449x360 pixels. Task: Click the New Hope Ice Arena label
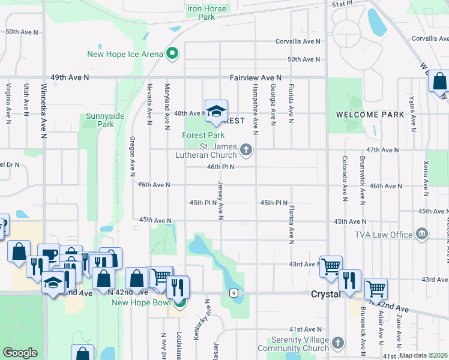pyautogui.click(x=125, y=54)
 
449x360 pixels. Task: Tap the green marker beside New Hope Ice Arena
pyautogui.click(x=172, y=54)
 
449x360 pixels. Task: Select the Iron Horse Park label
pyautogui.click(x=206, y=13)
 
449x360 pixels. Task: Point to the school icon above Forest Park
pyautogui.click(x=216, y=111)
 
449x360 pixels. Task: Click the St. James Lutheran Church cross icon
pyautogui.click(x=246, y=149)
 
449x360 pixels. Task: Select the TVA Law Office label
pyautogui.click(x=382, y=234)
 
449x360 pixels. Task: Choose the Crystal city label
pyautogui.click(x=326, y=294)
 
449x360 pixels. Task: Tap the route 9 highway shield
pyautogui.click(x=232, y=293)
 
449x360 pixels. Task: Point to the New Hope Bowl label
pyautogui.click(x=141, y=301)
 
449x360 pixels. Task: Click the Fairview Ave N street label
pyautogui.click(x=255, y=78)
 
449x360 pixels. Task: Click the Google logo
pyautogui.click(x=20, y=353)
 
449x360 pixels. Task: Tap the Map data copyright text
pyautogui.click(x=423, y=355)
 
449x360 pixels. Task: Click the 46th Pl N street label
pyautogui.click(x=220, y=167)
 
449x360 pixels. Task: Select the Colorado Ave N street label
pyautogui.click(x=345, y=174)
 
